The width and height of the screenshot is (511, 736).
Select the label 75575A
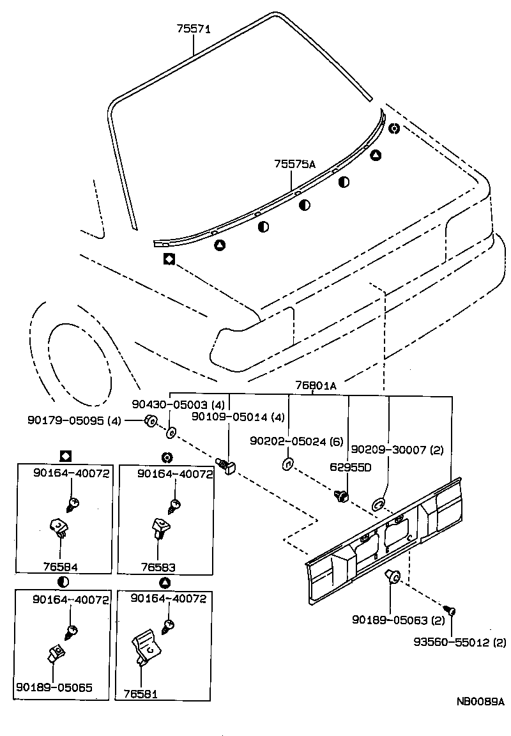tap(295, 164)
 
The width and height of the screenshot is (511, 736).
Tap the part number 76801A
tap(316, 385)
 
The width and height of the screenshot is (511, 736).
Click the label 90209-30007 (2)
tap(397, 449)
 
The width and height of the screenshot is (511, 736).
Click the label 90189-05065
tap(55, 688)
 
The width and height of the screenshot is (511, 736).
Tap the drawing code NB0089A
tap(480, 701)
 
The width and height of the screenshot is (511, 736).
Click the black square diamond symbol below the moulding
tap(169, 259)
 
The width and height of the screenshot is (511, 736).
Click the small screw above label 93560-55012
tap(450, 612)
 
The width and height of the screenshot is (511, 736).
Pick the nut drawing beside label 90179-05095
tap(151, 420)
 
